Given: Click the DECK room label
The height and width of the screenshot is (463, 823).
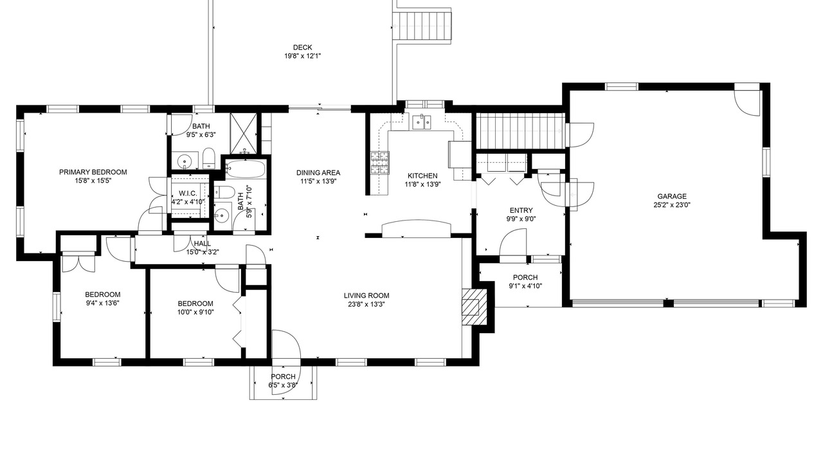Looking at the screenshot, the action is [x=302, y=48].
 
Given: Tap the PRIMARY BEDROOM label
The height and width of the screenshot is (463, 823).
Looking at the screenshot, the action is [x=93, y=172].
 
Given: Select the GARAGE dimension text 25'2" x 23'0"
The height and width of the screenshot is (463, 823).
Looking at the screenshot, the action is [x=672, y=205].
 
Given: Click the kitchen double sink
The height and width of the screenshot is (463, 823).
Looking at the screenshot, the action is [x=422, y=122].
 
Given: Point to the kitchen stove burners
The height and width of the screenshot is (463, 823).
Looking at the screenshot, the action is [x=379, y=163].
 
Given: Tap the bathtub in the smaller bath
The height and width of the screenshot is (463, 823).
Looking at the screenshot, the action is [x=246, y=168].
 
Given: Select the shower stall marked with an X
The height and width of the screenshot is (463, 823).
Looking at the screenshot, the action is [x=244, y=133].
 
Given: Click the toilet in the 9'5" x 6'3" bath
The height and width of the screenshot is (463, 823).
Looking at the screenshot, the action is [x=209, y=159].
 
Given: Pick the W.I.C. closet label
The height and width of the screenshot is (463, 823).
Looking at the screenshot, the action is [x=188, y=194].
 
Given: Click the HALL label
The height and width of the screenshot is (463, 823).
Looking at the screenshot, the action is [x=203, y=244].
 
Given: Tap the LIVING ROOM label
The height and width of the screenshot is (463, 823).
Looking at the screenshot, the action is [x=366, y=295].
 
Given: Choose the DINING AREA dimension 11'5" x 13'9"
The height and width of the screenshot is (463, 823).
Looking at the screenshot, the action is [x=318, y=181].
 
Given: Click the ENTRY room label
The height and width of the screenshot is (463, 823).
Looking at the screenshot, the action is [x=521, y=210].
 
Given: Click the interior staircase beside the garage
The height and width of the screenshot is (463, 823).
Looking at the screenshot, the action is [x=520, y=131].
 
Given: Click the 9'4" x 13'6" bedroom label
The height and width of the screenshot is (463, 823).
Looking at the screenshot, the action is [x=102, y=295].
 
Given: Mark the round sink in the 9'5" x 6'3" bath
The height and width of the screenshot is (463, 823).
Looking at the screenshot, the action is [x=183, y=161].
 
